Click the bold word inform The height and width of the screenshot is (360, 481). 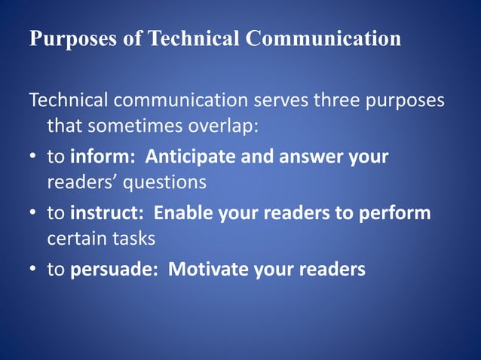[x=102, y=157]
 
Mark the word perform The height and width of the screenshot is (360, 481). [x=395, y=214]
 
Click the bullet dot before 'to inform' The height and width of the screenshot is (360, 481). [x=34, y=158]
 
